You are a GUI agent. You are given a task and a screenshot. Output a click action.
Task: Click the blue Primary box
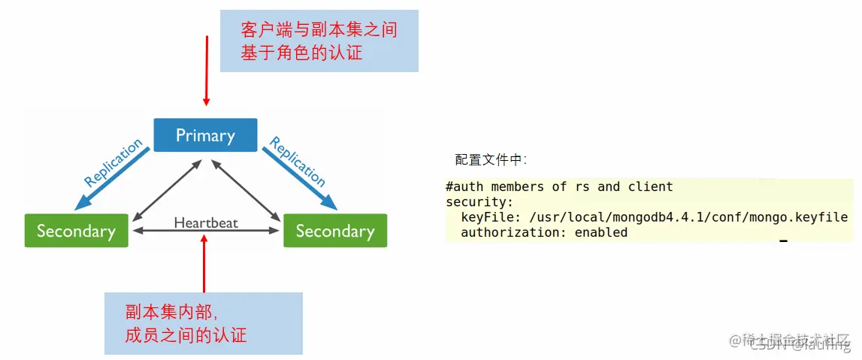(205, 135)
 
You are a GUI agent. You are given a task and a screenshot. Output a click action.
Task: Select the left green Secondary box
(76, 231)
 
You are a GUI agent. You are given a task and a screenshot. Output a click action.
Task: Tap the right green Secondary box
(334, 231)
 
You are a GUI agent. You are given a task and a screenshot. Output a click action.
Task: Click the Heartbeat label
(206, 222)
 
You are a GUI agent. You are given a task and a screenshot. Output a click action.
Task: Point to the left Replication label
(113, 163)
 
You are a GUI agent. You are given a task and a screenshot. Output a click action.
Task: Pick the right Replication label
(298, 162)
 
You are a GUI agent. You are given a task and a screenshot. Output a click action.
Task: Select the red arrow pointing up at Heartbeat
(204, 263)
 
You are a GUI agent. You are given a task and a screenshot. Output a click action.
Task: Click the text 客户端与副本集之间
(319, 31)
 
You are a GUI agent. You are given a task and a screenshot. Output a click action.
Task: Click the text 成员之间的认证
(186, 334)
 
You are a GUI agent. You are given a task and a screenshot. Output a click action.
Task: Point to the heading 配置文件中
(491, 159)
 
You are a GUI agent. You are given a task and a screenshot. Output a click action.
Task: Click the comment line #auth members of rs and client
(559, 186)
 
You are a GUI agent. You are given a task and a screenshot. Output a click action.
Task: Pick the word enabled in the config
(600, 232)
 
